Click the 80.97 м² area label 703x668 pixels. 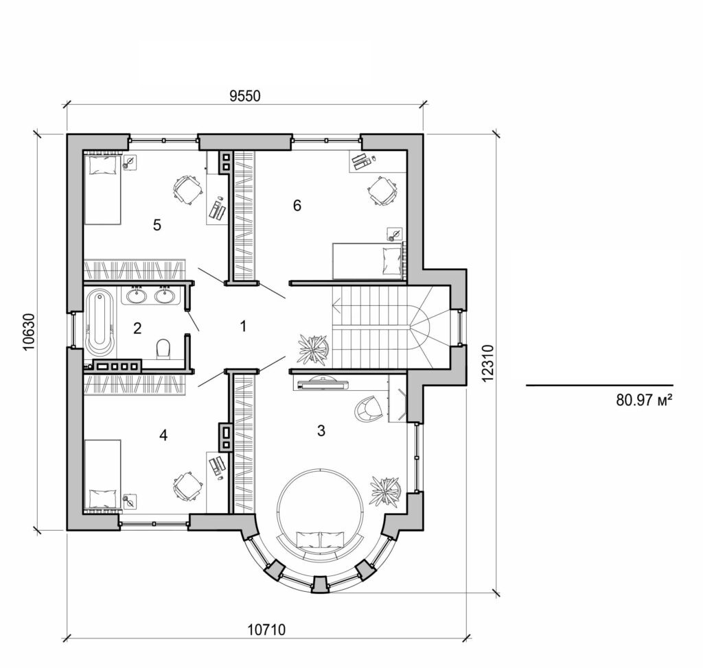(x=643, y=399)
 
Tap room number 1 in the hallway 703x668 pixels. (x=242, y=326)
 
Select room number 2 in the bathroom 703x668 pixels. (x=137, y=328)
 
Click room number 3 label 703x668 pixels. (x=320, y=431)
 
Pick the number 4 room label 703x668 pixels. (x=163, y=434)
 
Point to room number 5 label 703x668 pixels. (x=157, y=225)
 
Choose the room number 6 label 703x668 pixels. (x=297, y=205)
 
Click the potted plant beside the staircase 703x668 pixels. (x=313, y=348)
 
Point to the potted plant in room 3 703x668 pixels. (x=386, y=490)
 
